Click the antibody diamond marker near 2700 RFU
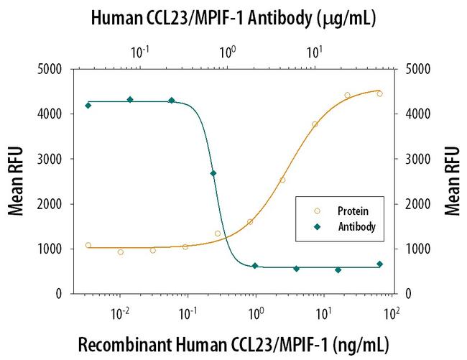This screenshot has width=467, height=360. [213, 173]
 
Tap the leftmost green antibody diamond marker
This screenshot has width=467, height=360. [88, 105]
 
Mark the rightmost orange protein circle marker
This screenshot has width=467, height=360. [379, 93]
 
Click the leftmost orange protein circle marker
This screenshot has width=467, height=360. [88, 245]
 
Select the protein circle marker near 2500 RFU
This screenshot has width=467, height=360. [282, 180]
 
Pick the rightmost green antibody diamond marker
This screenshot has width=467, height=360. [379, 264]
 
